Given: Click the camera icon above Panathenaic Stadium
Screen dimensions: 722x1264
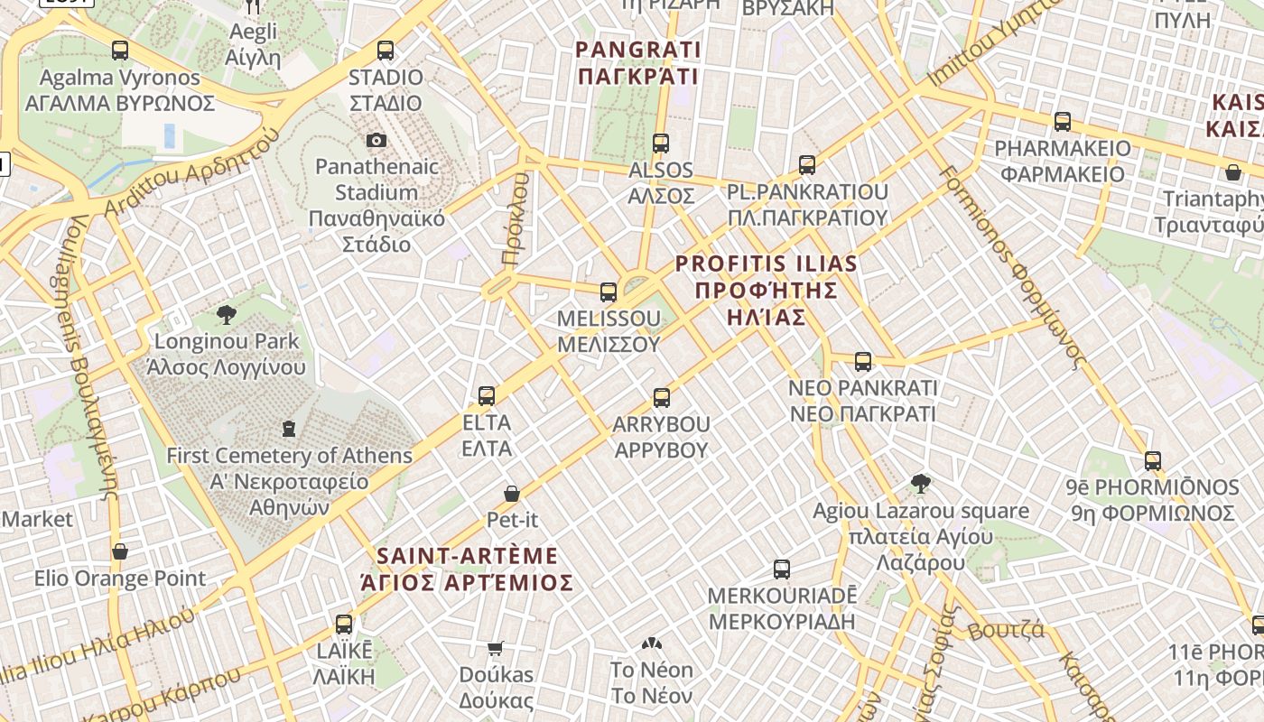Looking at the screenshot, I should click(x=376, y=140).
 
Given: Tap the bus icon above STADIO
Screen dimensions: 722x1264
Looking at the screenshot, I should click(x=386, y=51).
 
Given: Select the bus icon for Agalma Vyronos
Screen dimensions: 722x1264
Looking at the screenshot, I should click(x=120, y=51).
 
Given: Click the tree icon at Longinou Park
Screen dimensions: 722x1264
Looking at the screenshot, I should click(x=227, y=314).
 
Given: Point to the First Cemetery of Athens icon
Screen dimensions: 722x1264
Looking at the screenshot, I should click(x=289, y=428).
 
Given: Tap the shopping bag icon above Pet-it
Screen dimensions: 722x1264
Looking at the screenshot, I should click(x=512, y=494).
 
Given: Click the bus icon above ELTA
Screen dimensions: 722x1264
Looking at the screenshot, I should click(x=487, y=395).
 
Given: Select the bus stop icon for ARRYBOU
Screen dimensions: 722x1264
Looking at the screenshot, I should click(x=662, y=397).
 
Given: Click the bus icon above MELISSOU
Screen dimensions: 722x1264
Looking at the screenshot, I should click(x=609, y=292).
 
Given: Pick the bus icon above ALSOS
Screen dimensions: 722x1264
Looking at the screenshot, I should click(x=661, y=143).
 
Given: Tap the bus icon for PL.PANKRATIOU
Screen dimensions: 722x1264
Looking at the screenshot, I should click(x=807, y=165).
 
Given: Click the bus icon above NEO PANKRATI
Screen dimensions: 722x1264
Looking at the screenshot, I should click(x=863, y=362).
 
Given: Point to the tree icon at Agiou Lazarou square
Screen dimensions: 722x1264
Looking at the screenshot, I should click(x=921, y=484).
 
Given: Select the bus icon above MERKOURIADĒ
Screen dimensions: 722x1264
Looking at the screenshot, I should click(x=782, y=569).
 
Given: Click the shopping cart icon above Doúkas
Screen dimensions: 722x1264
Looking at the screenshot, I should click(x=495, y=648).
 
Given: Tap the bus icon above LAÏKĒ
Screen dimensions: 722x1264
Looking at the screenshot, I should click(x=344, y=624).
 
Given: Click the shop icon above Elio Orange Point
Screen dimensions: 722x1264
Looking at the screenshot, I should click(x=120, y=551).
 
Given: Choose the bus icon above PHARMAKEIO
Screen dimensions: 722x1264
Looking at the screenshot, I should click(x=1063, y=121).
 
